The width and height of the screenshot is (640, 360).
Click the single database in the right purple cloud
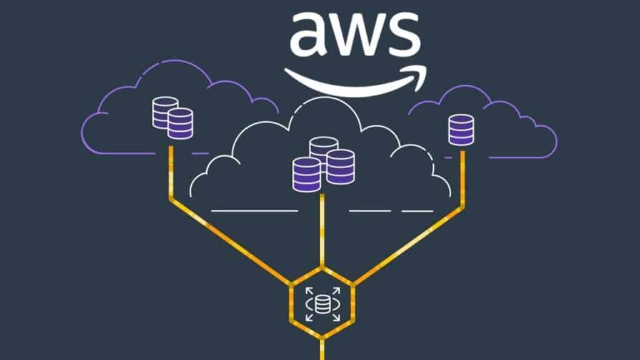pyautogui.click(x=461, y=130)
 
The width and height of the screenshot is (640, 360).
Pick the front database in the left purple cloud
pyautogui.click(x=180, y=123)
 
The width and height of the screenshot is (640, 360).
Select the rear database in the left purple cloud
pyautogui.click(x=164, y=111)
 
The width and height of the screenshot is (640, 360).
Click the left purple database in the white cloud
pyautogui.click(x=306, y=174)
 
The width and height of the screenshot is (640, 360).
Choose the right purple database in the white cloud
pyautogui.click(x=341, y=167)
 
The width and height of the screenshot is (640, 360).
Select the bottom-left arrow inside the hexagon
pyautogui.click(x=307, y=319)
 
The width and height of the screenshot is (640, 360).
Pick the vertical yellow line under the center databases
pyautogui.click(x=322, y=231)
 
